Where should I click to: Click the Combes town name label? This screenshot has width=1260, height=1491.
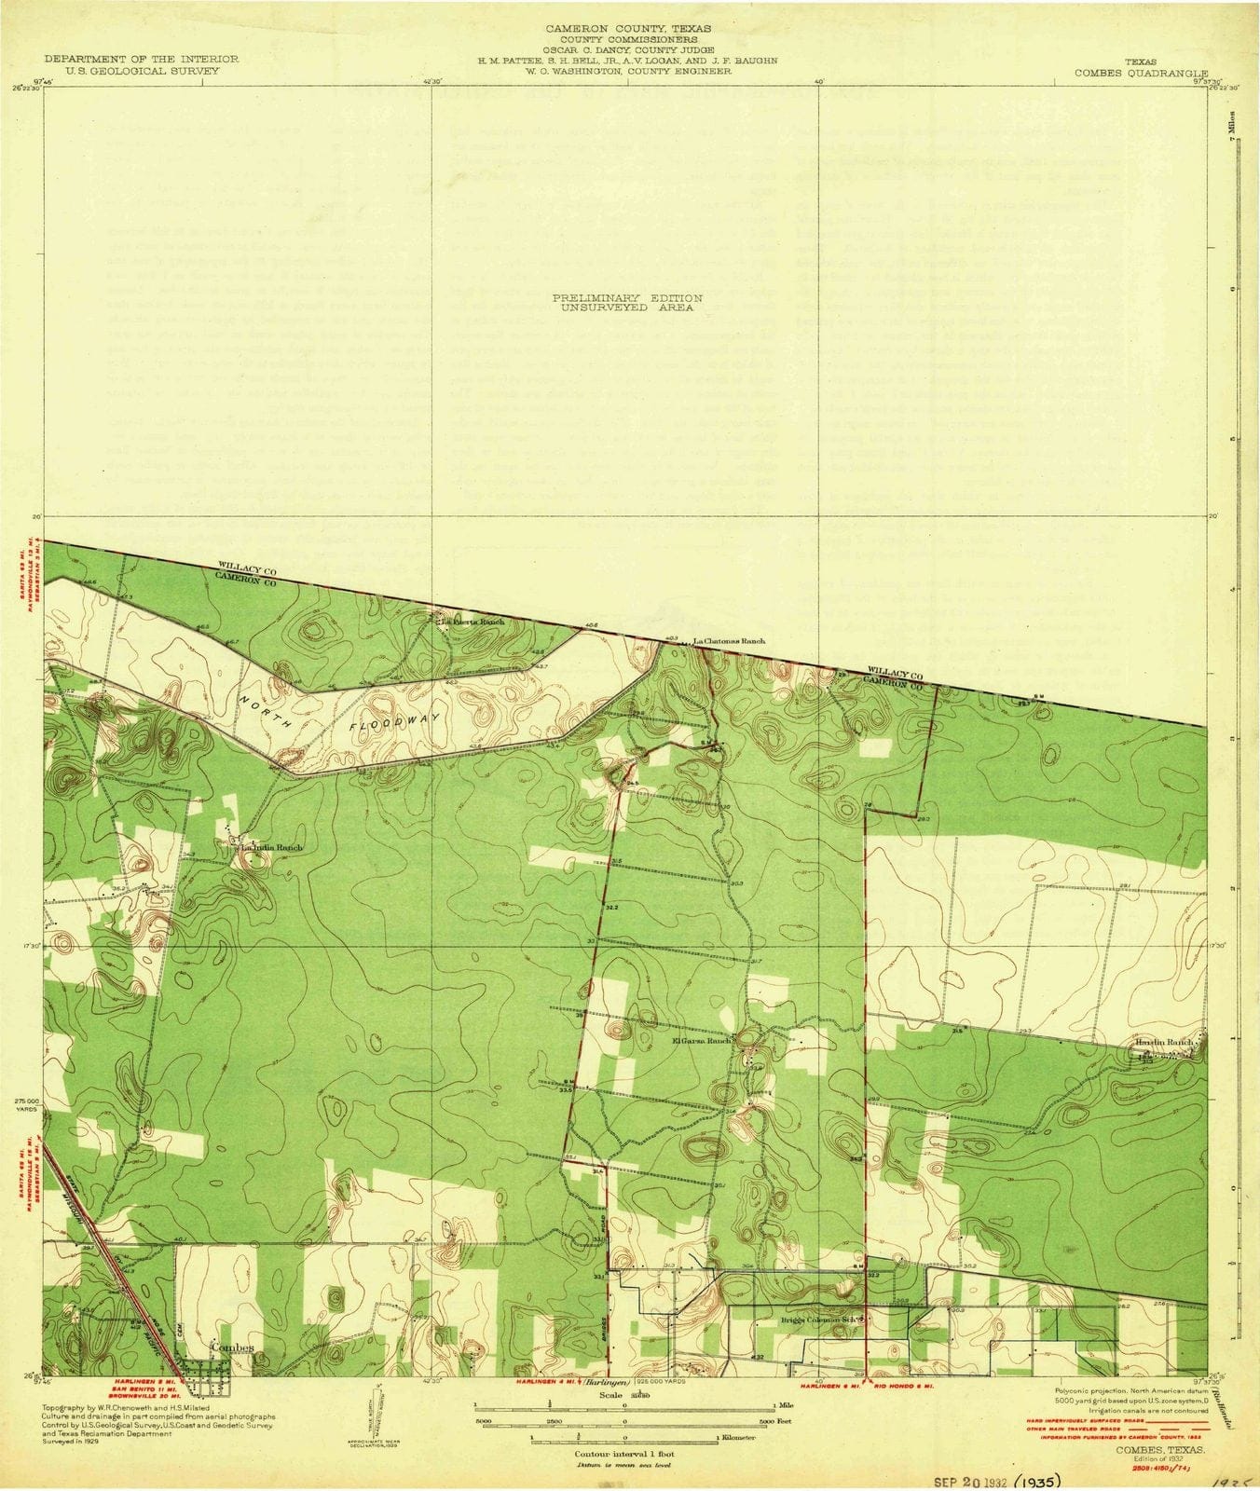[x=233, y=1348]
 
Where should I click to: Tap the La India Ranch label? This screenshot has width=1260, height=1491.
[x=271, y=848]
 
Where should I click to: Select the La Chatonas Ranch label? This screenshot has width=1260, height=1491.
[x=730, y=641]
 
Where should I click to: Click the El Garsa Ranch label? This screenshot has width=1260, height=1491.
[x=701, y=1041]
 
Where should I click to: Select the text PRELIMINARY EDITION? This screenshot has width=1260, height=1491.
[x=627, y=297]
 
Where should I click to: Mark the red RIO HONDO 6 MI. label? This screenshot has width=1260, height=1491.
[x=899, y=1382]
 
